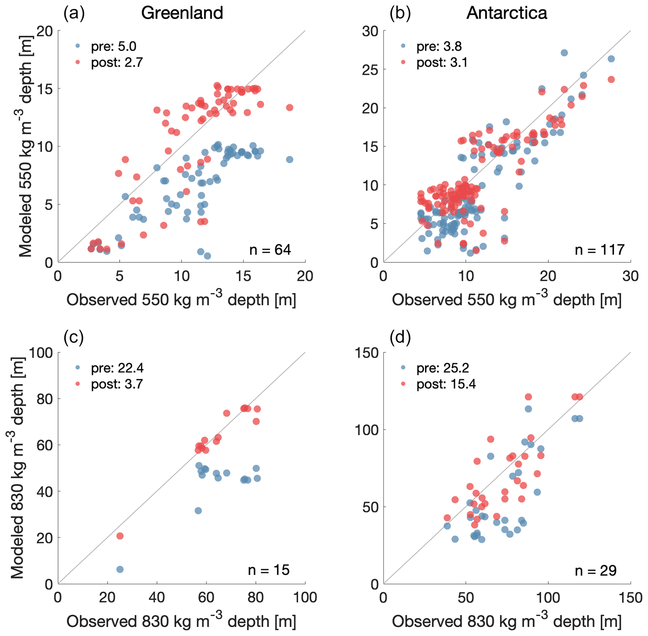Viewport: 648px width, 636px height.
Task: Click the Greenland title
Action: click(182, 13)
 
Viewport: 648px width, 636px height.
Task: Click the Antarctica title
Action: click(507, 13)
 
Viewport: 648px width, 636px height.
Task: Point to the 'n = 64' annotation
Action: click(270, 250)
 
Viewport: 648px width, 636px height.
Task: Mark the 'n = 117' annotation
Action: click(599, 250)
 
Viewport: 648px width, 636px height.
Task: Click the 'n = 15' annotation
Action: click(269, 570)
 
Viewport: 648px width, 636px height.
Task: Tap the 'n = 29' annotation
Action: click(595, 571)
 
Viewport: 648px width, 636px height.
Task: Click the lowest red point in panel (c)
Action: click(120, 536)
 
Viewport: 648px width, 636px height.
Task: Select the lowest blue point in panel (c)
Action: click(120, 570)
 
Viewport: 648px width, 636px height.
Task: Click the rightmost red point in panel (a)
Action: click(290, 108)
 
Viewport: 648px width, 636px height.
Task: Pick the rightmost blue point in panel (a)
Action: click(290, 160)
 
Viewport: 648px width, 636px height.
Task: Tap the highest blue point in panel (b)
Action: click(564, 53)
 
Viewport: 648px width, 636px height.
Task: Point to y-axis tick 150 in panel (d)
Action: click(366, 353)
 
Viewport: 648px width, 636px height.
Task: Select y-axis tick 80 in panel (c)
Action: click(45, 399)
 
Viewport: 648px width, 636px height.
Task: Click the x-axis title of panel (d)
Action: click(507, 621)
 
